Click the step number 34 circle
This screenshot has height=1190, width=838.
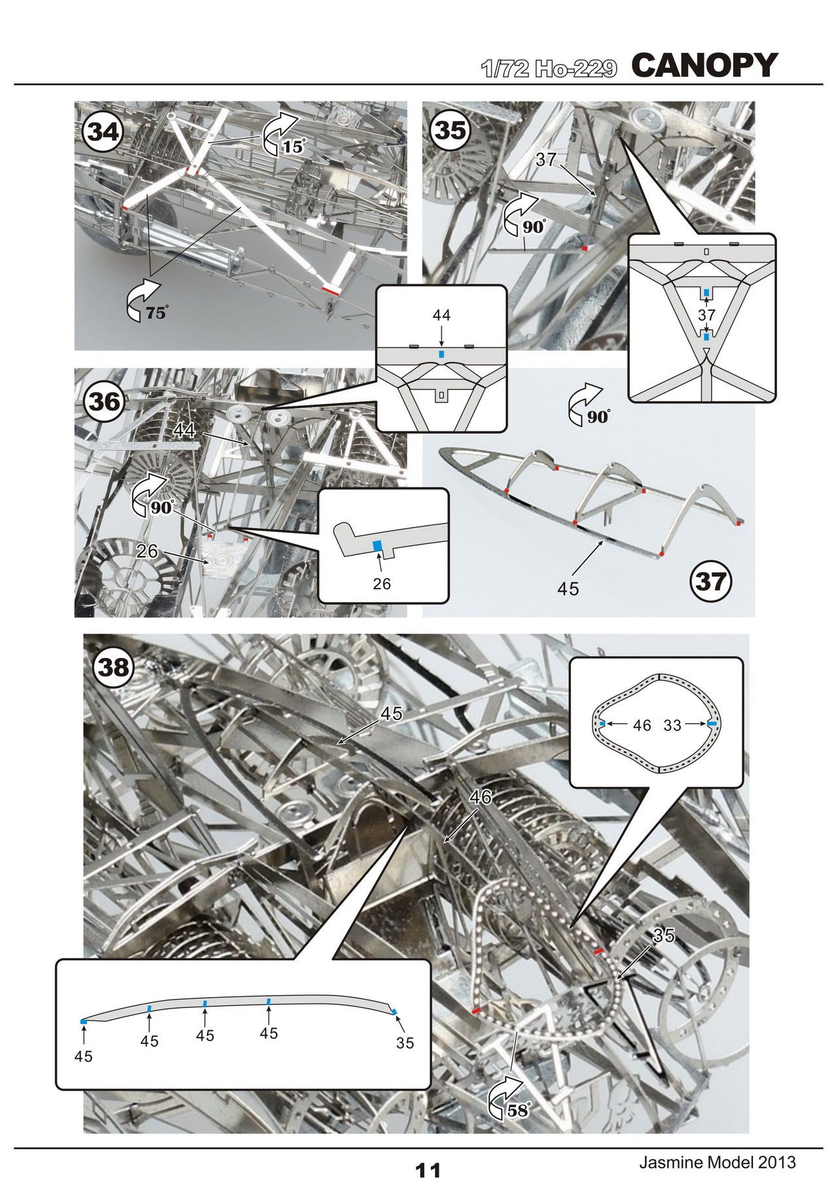tap(103, 132)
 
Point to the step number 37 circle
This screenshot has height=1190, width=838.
tap(711, 581)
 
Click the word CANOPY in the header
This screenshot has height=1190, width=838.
tap(704, 65)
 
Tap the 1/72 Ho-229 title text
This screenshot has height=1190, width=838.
tap(549, 69)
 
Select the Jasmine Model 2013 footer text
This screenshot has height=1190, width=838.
tap(717, 1163)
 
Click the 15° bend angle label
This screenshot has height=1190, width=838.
tap(293, 147)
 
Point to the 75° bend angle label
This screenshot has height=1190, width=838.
tap(156, 313)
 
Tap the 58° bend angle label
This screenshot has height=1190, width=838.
tap(517, 1109)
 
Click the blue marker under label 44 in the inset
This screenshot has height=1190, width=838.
tap(442, 354)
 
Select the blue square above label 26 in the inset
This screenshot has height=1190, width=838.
tap(377, 545)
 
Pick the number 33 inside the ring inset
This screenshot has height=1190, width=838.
tap(672, 725)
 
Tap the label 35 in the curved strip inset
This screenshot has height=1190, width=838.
tap(405, 1043)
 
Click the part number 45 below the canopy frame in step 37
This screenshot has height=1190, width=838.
tap(568, 589)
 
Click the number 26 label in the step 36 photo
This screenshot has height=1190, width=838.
tap(147, 551)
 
